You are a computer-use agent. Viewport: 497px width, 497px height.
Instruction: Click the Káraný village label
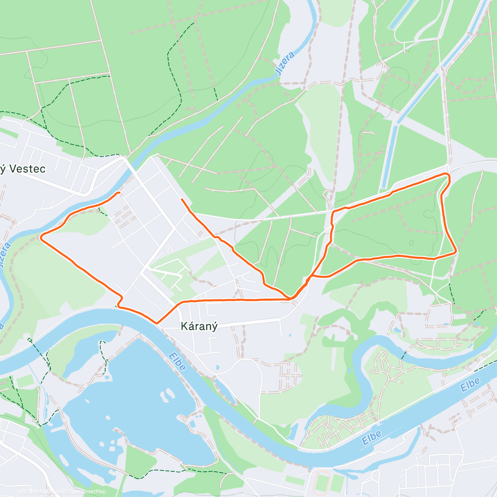(199, 326)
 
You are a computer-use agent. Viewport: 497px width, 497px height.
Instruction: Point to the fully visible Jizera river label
(285, 63)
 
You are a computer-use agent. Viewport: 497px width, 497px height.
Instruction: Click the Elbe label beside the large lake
(177, 361)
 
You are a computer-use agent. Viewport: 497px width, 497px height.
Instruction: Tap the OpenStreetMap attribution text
(87, 492)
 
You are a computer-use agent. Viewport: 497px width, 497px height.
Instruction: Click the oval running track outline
(321, 483)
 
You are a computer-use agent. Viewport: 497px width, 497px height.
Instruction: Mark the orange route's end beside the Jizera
(119, 193)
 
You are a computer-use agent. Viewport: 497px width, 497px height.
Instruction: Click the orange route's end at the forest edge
(182, 200)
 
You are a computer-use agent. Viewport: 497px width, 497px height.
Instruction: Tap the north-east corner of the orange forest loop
(448, 175)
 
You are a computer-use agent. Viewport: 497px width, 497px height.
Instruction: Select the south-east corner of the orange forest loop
(456, 251)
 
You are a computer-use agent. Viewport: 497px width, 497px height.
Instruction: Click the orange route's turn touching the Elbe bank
(119, 306)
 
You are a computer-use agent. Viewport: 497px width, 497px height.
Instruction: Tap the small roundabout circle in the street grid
(437, 465)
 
